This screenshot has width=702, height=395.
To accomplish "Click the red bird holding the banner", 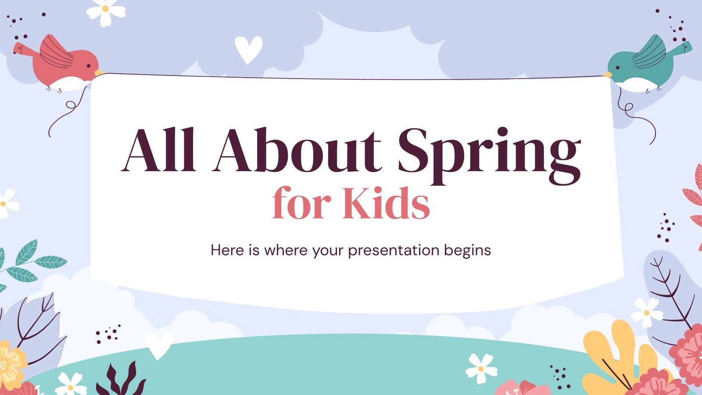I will pyautogui.click(x=66, y=64).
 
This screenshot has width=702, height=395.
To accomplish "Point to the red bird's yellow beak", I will pyautogui.click(x=99, y=72).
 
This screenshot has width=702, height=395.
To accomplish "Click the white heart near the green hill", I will pyautogui.click(x=158, y=343).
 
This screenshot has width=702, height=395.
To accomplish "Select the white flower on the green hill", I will pyautogui.click(x=481, y=368).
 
